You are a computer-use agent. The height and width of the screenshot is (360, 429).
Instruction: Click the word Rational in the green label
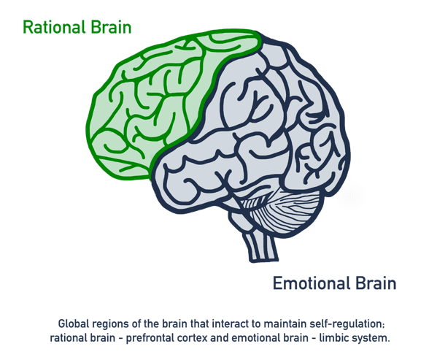click(53, 27)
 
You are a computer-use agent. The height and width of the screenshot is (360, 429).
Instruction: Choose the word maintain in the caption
click(285, 324)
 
